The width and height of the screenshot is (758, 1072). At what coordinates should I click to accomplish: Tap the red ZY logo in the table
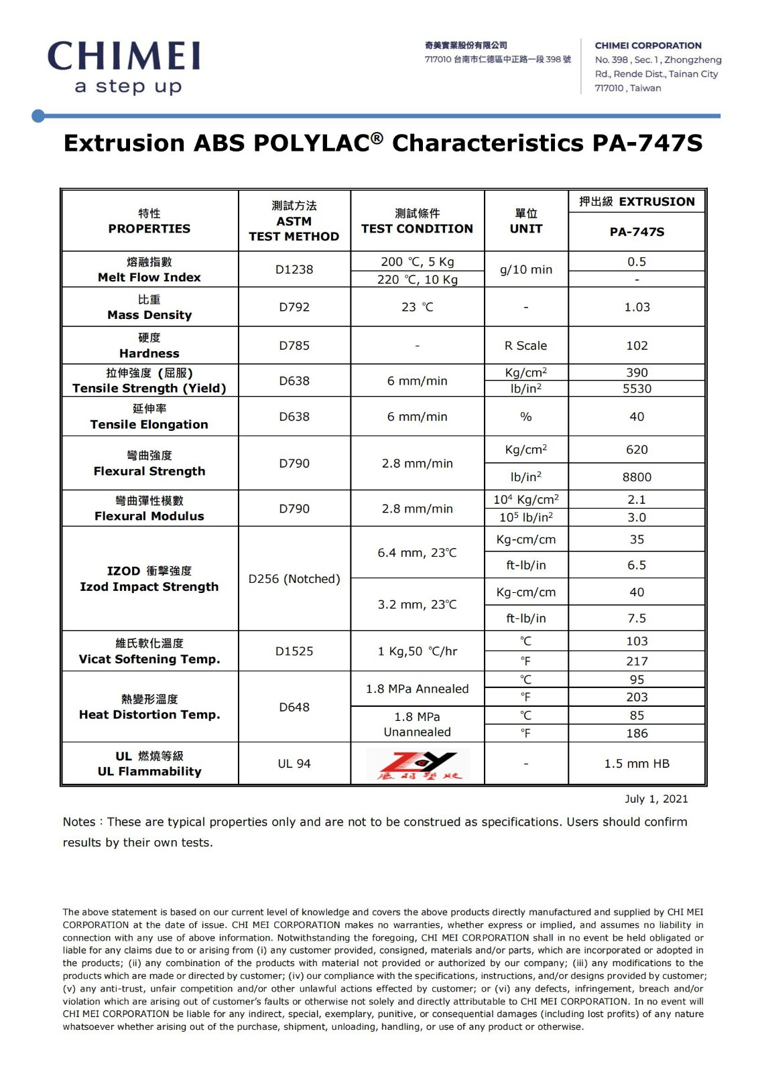coord(418,764)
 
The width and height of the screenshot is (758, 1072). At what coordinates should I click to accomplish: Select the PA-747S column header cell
coord(637,232)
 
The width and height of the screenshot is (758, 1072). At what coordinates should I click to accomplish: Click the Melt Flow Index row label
coord(149,269)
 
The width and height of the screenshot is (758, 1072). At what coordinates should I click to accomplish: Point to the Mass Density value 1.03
coord(637,307)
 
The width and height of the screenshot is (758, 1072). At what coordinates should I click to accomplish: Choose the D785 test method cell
coord(294,346)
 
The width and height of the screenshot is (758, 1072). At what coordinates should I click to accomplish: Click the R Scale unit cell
coord(525,346)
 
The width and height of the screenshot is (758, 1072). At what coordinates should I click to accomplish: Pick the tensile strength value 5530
coord(637,389)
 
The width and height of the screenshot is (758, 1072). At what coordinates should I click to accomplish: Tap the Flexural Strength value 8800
coord(637,477)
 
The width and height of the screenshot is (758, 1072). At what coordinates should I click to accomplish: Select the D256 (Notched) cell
coord(294,579)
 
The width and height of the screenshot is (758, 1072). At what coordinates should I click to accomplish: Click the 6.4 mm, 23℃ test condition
coord(417,553)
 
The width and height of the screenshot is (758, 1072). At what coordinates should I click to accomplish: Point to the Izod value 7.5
coord(637,618)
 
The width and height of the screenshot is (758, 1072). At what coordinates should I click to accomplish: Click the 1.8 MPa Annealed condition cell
coord(417,689)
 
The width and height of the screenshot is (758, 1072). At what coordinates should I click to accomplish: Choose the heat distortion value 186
coord(637,733)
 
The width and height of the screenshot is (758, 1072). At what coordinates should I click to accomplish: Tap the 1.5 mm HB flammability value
coord(637,764)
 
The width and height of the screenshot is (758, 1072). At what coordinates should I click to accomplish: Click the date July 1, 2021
coord(656,799)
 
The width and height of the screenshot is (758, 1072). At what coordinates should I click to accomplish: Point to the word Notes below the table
coord(79,822)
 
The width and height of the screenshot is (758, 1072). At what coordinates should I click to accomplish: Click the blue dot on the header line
coord(38,116)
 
